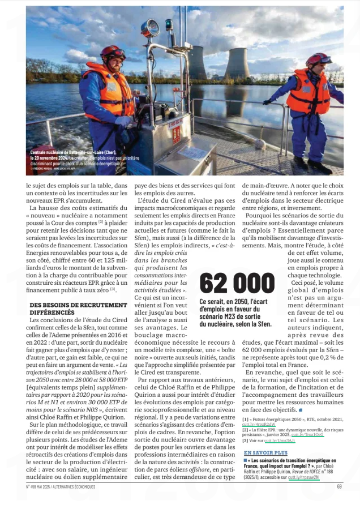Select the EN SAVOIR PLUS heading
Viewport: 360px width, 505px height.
coord(265,453)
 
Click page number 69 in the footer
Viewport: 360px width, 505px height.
coord(339,486)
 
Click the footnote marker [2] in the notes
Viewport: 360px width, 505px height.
coord(246,429)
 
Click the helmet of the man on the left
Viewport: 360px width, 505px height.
coord(113,52)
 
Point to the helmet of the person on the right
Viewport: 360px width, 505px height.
coord(318,59)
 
